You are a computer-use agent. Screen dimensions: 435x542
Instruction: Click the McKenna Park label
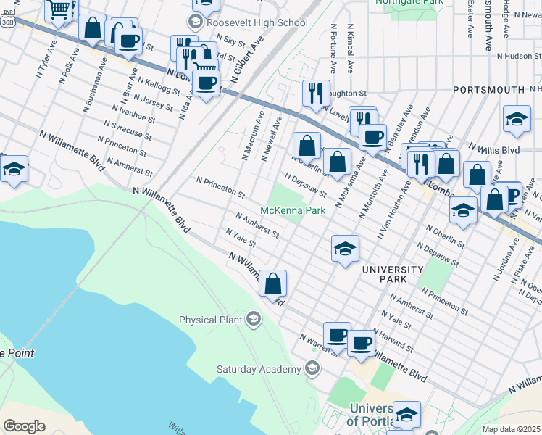point(291,210)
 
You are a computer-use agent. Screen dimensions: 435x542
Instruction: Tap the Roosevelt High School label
point(257,23)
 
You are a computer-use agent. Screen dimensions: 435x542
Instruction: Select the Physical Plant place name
point(212,319)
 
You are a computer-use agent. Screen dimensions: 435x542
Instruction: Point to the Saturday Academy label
point(259,369)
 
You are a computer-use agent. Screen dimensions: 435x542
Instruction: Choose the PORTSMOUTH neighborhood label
point(488,89)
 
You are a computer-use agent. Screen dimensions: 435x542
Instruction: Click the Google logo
point(24,426)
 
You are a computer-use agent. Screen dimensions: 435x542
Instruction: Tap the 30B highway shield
point(7,22)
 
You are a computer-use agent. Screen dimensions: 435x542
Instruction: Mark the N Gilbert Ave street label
point(246,59)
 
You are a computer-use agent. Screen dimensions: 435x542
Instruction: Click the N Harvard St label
point(394,336)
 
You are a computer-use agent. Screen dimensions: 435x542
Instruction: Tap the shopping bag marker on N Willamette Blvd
point(273,283)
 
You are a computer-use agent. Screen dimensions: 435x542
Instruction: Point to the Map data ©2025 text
point(511,429)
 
